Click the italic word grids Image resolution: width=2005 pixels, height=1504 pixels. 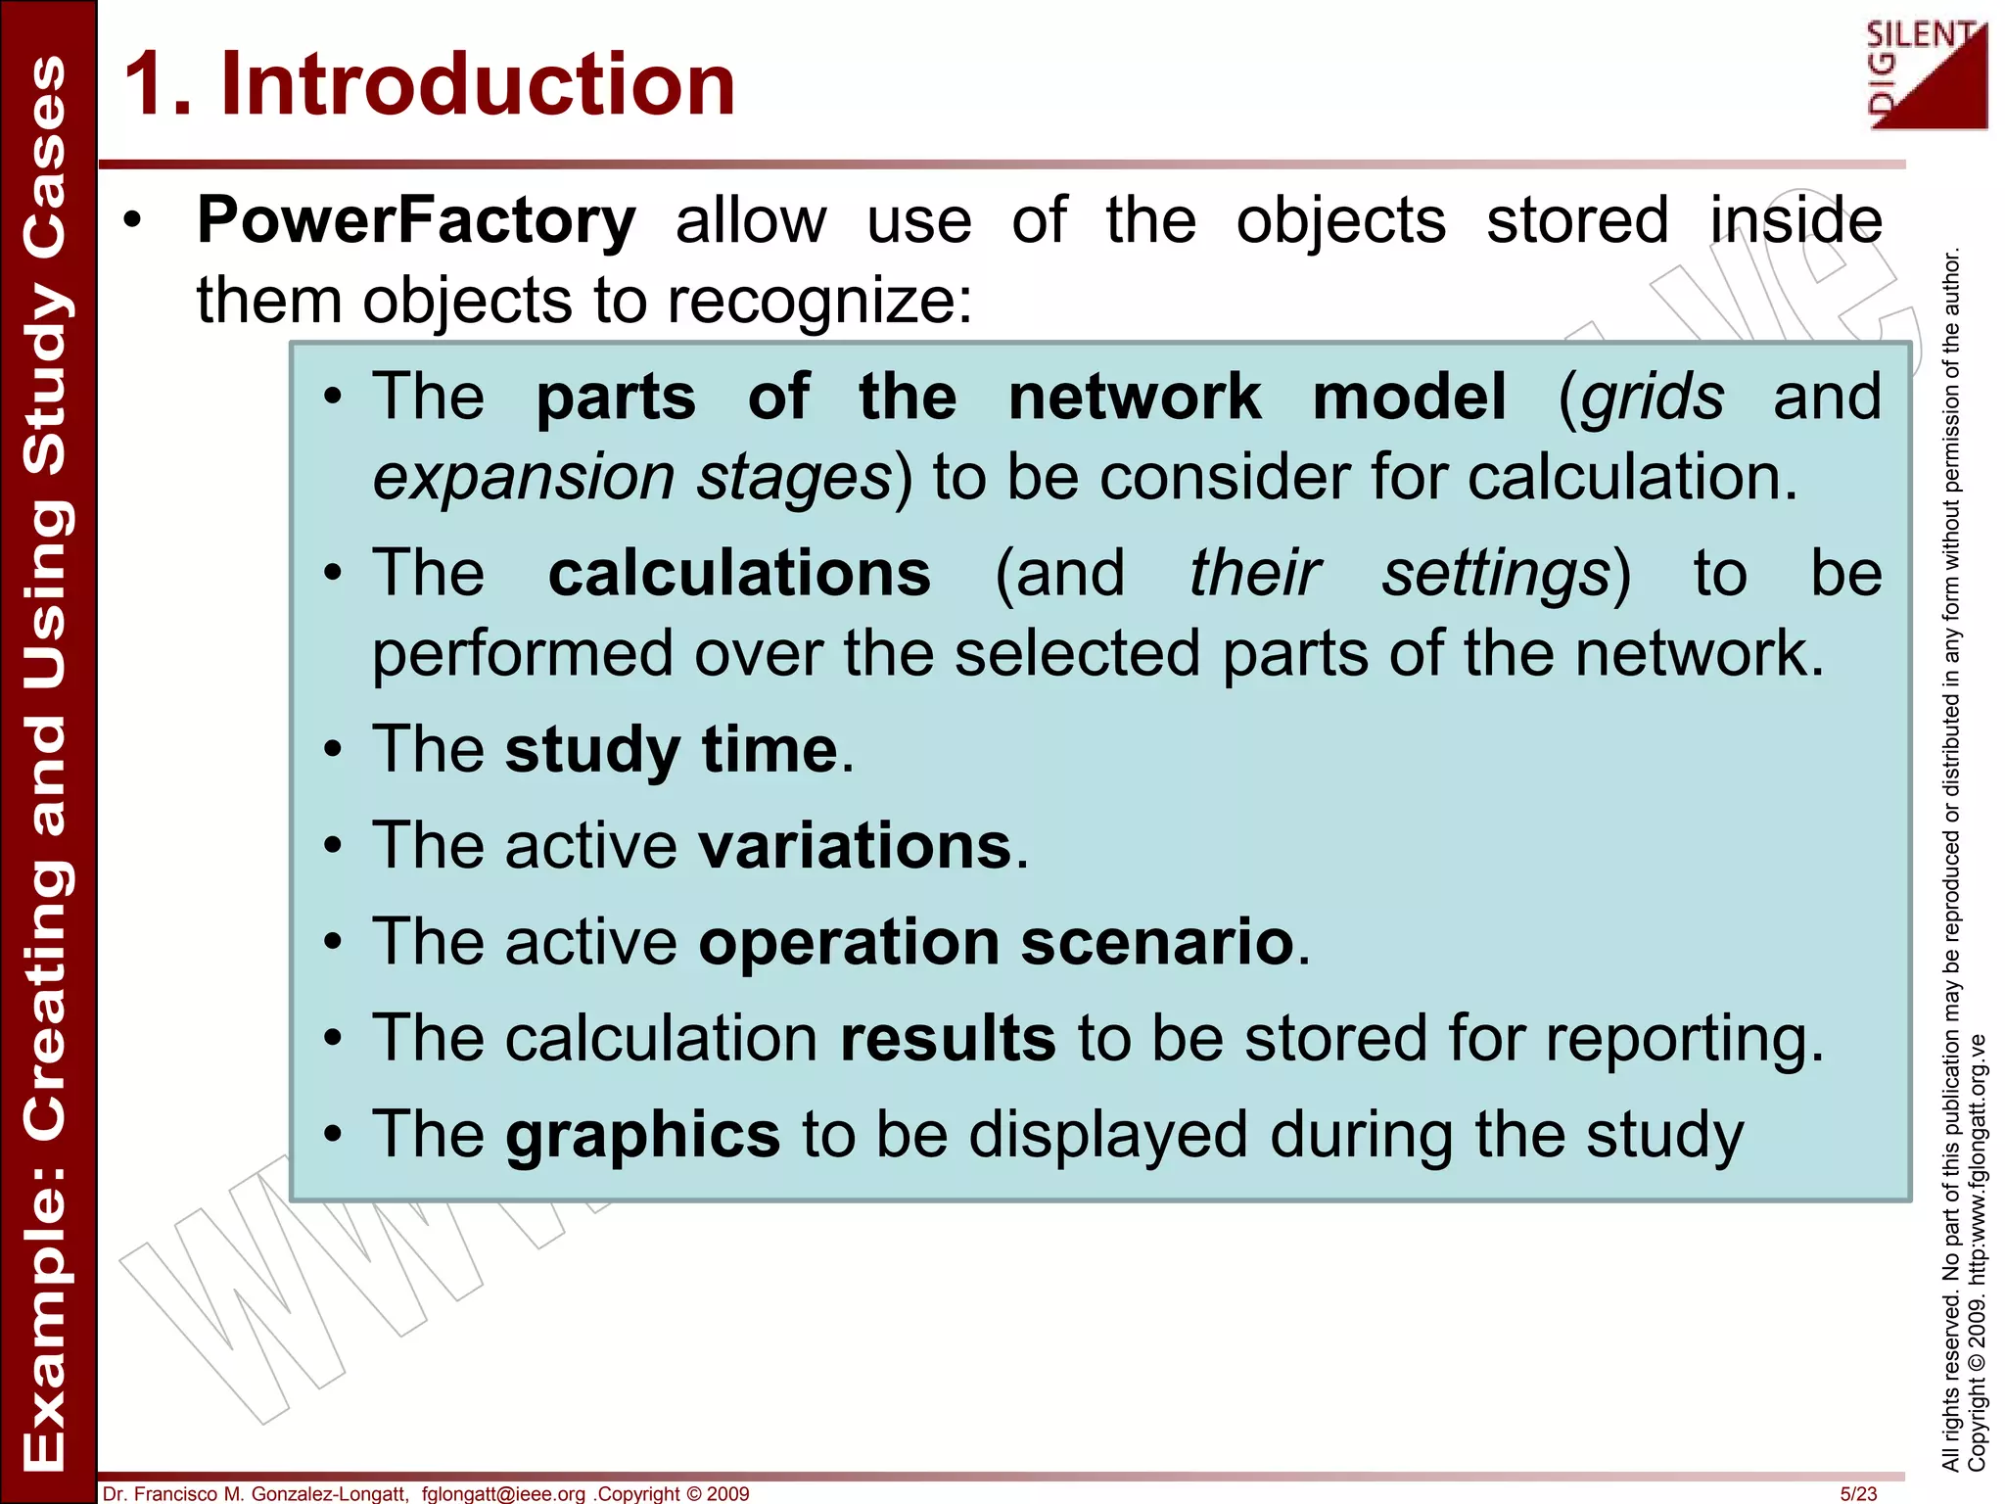click(1653, 398)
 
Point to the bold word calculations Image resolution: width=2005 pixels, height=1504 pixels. click(739, 574)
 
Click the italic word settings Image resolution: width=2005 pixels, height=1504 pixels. click(1495, 574)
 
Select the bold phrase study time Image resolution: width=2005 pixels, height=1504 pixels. click(672, 750)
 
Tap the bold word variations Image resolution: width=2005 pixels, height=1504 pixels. click(855, 846)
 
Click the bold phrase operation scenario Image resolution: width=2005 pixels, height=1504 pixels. click(996, 942)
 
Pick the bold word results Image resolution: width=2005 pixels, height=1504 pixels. click(948, 1038)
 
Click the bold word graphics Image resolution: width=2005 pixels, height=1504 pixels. click(642, 1135)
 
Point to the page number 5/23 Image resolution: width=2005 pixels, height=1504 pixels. click(1858, 1493)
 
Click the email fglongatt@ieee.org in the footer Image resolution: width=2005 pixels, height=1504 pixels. click(503, 1493)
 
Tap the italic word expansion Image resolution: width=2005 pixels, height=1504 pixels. click(524, 478)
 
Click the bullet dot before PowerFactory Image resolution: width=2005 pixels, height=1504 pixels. click(133, 220)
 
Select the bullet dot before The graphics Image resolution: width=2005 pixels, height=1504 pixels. click(334, 1135)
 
